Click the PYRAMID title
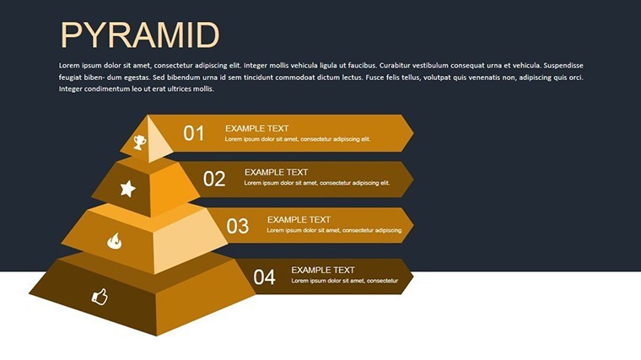[140, 35]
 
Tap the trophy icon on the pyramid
[139, 142]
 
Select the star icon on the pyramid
[128, 189]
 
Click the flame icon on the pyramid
[114, 241]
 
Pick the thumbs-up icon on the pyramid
[100, 297]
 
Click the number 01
[193, 133]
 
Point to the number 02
[214, 179]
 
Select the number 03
[238, 226]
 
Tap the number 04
[264, 277]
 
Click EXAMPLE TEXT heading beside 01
[256, 128]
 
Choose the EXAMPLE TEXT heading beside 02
[276, 173]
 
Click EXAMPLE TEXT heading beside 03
[299, 220]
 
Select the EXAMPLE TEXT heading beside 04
[322, 270]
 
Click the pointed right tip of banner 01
[413, 133]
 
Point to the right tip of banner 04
[413, 277]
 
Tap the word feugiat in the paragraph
[70, 78]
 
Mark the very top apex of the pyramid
[148, 116]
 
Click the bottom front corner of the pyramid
[157, 336]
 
